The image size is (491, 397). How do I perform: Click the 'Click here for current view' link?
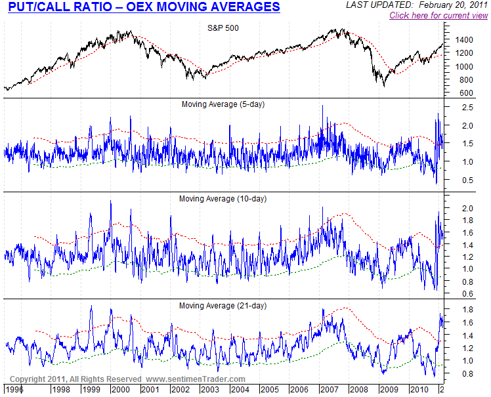click(438, 15)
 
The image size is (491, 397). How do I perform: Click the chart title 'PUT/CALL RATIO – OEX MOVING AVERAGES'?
click(144, 7)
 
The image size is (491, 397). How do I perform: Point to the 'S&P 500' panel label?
click(223, 28)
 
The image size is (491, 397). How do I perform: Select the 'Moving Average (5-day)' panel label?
click(223, 104)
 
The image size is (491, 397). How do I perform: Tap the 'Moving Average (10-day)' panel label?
click(223, 199)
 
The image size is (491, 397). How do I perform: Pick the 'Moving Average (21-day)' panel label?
click(223, 306)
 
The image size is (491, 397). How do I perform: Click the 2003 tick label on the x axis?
click(210, 390)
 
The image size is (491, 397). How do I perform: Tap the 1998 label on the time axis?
click(62, 390)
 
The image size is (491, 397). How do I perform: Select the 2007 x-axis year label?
click(329, 390)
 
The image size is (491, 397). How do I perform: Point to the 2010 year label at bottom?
click(419, 390)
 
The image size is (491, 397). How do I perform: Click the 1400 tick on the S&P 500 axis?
click(463, 40)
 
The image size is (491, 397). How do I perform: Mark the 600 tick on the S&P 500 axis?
click(467, 93)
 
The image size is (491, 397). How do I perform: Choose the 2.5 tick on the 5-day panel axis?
click(467, 108)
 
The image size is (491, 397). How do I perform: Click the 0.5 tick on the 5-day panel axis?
click(467, 180)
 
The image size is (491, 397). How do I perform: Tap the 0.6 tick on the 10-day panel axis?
click(467, 294)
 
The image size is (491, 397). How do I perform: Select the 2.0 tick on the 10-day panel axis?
click(467, 209)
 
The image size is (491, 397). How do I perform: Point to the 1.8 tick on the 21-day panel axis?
click(467, 310)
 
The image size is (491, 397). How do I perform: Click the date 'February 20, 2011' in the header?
click(453, 5)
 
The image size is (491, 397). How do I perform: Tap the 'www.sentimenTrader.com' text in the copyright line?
click(196, 379)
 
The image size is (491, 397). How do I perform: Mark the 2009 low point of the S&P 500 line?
click(384, 87)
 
